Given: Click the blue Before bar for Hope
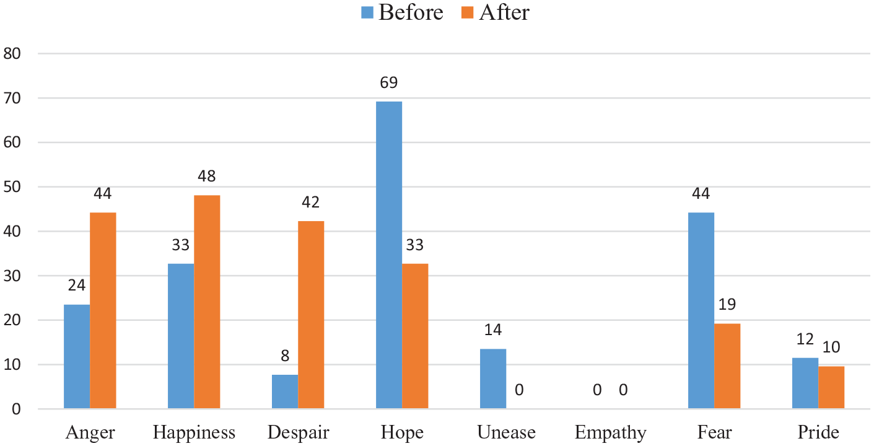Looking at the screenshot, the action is coord(389,255).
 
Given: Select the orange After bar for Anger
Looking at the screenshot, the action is coord(103,310).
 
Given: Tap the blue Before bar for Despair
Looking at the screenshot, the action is coord(285,391).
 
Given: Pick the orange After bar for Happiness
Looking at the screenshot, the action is coord(207,302).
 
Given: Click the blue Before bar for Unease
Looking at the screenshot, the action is coord(493,379).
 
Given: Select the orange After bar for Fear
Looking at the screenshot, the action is coord(727,366).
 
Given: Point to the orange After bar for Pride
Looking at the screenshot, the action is coord(831,388).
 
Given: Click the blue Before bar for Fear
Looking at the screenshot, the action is coord(701,310).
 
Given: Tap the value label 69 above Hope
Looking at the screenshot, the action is coord(388,83).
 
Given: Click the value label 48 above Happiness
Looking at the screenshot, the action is coord(206,177).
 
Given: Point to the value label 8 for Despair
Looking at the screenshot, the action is coord(285,356).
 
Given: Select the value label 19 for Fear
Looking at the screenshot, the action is coord(727,304).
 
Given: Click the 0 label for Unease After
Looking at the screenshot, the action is coord(519,390).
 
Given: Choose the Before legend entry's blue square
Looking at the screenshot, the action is coord(367,12).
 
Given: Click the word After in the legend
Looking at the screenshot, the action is coord(504,12).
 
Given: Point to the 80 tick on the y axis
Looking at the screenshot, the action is coord(12,53).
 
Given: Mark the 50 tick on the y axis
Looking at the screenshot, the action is coord(12,187).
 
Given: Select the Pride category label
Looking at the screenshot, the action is coord(818,432).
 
